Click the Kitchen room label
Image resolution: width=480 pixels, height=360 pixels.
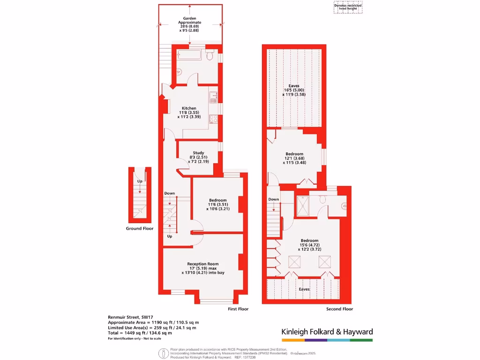click(x=189, y=108)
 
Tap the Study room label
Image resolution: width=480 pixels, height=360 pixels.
click(x=198, y=152)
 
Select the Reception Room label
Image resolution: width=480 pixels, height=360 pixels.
click(x=203, y=264)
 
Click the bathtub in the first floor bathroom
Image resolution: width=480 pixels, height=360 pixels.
click(x=189, y=56)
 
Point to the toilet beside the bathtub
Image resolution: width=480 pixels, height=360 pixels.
click(x=210, y=56)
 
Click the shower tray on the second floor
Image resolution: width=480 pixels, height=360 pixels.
click(x=302, y=204)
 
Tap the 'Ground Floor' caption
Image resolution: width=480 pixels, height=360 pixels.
click(x=139, y=229)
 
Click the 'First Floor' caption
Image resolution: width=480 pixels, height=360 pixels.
click(x=238, y=309)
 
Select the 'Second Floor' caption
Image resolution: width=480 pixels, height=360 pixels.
click(x=340, y=309)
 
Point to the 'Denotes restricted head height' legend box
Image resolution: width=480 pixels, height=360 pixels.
click(x=348, y=7)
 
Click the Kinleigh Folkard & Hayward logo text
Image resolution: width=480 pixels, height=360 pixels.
click(x=327, y=332)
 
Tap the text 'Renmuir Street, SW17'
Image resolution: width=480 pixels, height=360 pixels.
click(x=128, y=317)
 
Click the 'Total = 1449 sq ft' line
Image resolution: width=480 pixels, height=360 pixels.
click(x=140, y=333)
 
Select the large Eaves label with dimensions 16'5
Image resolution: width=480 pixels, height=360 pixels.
click(x=294, y=86)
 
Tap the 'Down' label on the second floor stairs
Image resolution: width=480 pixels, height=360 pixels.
click(x=274, y=199)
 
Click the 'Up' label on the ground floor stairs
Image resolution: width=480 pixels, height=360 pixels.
click(x=140, y=181)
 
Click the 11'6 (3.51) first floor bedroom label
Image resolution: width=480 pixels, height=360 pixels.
click(x=217, y=200)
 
